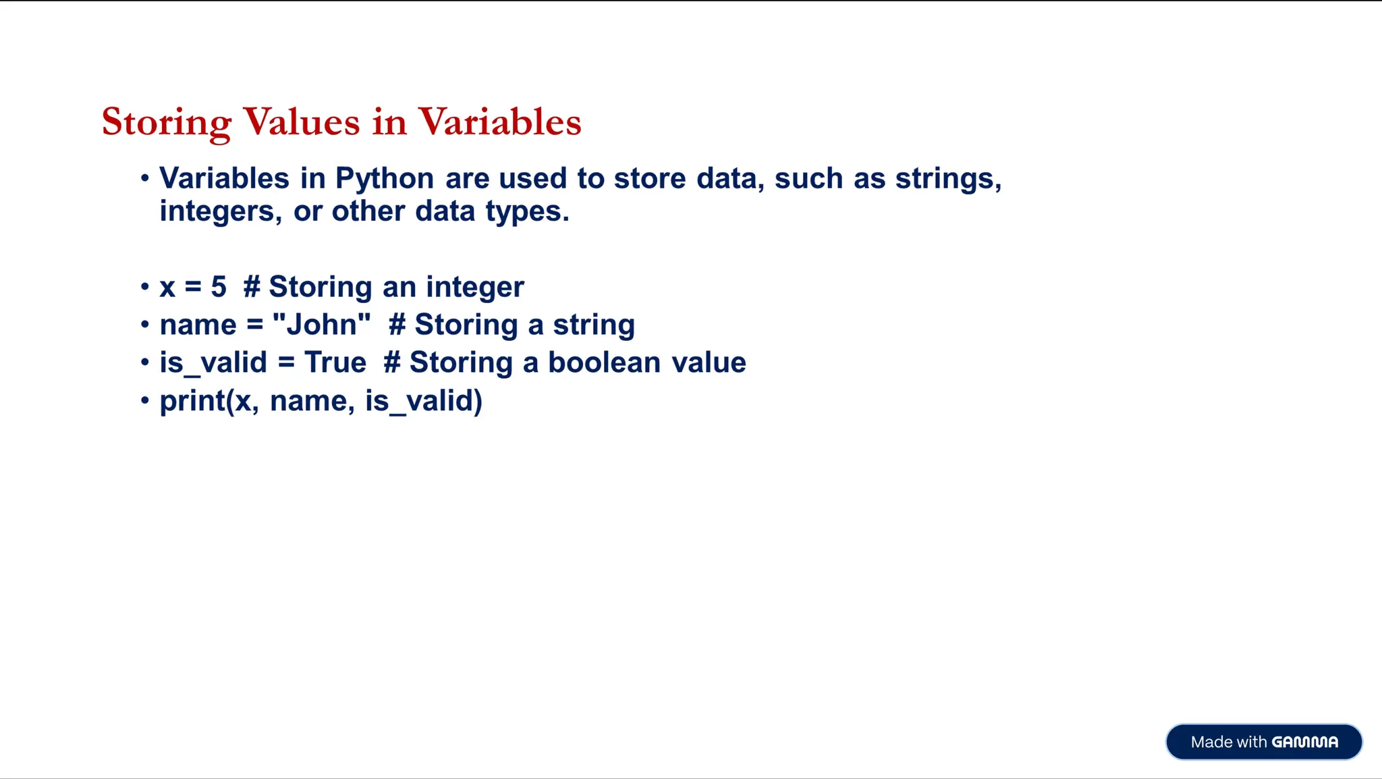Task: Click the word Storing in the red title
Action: point(166,123)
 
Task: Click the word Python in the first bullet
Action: point(385,179)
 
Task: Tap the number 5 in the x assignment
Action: point(219,287)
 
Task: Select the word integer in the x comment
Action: point(475,288)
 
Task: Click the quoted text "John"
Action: point(322,324)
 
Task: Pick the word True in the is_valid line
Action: point(335,362)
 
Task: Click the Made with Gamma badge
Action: point(1263,742)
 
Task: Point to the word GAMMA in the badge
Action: point(1304,742)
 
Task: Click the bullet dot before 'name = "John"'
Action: point(144,325)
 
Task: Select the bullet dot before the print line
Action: point(144,401)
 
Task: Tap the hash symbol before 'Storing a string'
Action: point(397,325)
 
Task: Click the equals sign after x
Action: point(193,287)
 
